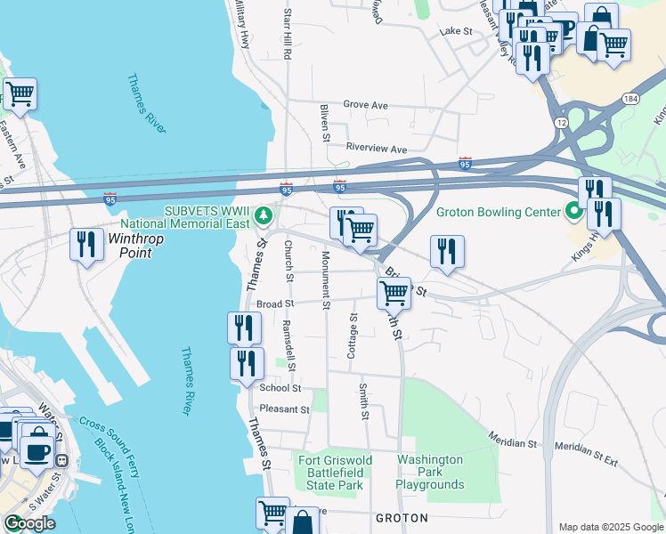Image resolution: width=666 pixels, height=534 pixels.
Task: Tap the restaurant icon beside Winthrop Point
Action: point(85,244)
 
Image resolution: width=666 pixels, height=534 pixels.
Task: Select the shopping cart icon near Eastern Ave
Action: point(20,93)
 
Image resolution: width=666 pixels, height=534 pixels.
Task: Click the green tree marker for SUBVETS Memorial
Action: point(264,215)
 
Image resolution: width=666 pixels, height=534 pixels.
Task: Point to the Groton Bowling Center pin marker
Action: point(574,212)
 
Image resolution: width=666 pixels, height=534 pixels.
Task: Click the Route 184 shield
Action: point(630,99)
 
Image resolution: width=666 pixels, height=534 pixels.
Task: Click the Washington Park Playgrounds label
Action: point(431,472)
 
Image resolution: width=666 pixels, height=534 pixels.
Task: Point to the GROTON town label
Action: point(402,517)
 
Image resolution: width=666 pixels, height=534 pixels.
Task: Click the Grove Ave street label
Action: point(366,105)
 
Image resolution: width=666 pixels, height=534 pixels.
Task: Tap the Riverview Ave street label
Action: point(376,149)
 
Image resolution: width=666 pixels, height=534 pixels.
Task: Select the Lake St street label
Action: point(455,32)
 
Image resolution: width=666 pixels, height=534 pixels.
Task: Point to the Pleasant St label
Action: point(284,410)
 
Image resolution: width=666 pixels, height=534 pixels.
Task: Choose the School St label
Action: point(280,388)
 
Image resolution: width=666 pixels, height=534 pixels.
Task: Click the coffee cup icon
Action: point(37,449)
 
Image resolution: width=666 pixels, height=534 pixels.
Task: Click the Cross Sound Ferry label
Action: point(108,445)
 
